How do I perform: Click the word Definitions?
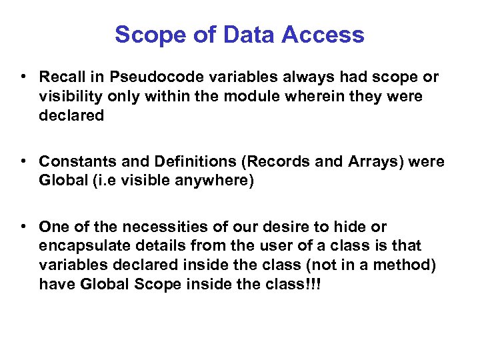pyautogui.click(x=187, y=161)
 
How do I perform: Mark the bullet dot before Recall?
pyautogui.click(x=25, y=77)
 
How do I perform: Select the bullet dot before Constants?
pyautogui.click(x=25, y=161)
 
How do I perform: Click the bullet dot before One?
pyautogui.click(x=25, y=227)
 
